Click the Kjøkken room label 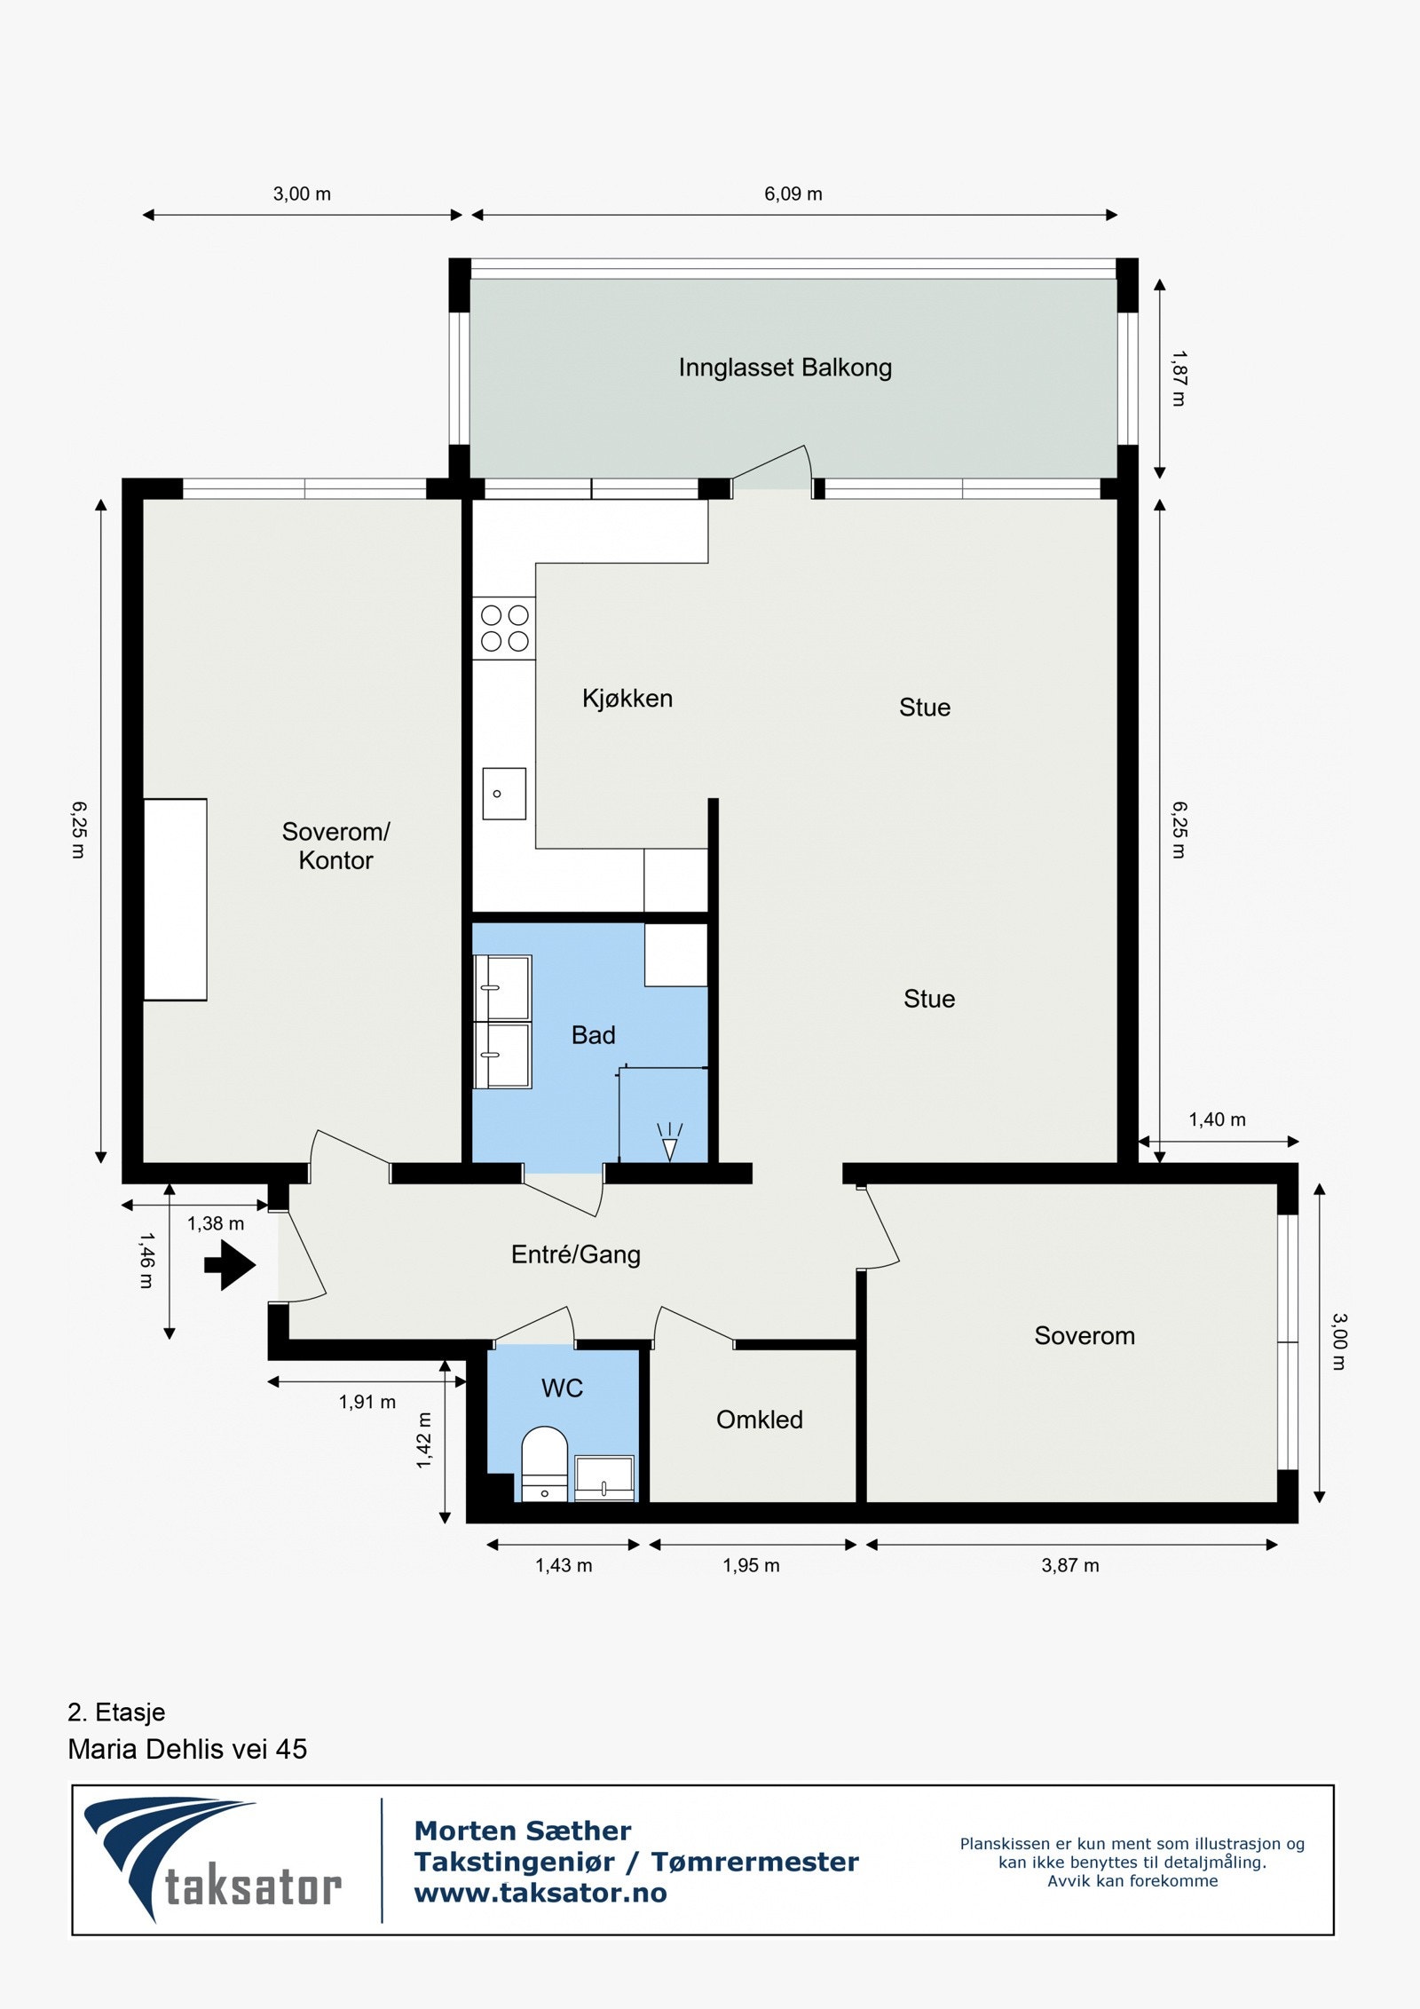pos(627,699)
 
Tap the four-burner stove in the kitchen pos(504,628)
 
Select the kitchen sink pos(504,793)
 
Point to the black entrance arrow pos(230,1264)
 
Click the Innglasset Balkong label pos(785,368)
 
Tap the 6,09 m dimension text pos(793,194)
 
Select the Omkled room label pos(760,1420)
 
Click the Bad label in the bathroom pos(593,1035)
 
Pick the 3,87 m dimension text pos(1070,1565)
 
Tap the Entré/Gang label pos(576,1254)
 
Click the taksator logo pos(213,1861)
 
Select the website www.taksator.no pos(540,1894)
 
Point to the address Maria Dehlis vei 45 pos(187,1749)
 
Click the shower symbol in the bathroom pos(670,1142)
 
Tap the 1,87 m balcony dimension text pos(1179,378)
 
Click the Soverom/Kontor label pos(335,846)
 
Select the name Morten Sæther pos(523,1831)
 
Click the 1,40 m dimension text pos(1218,1119)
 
